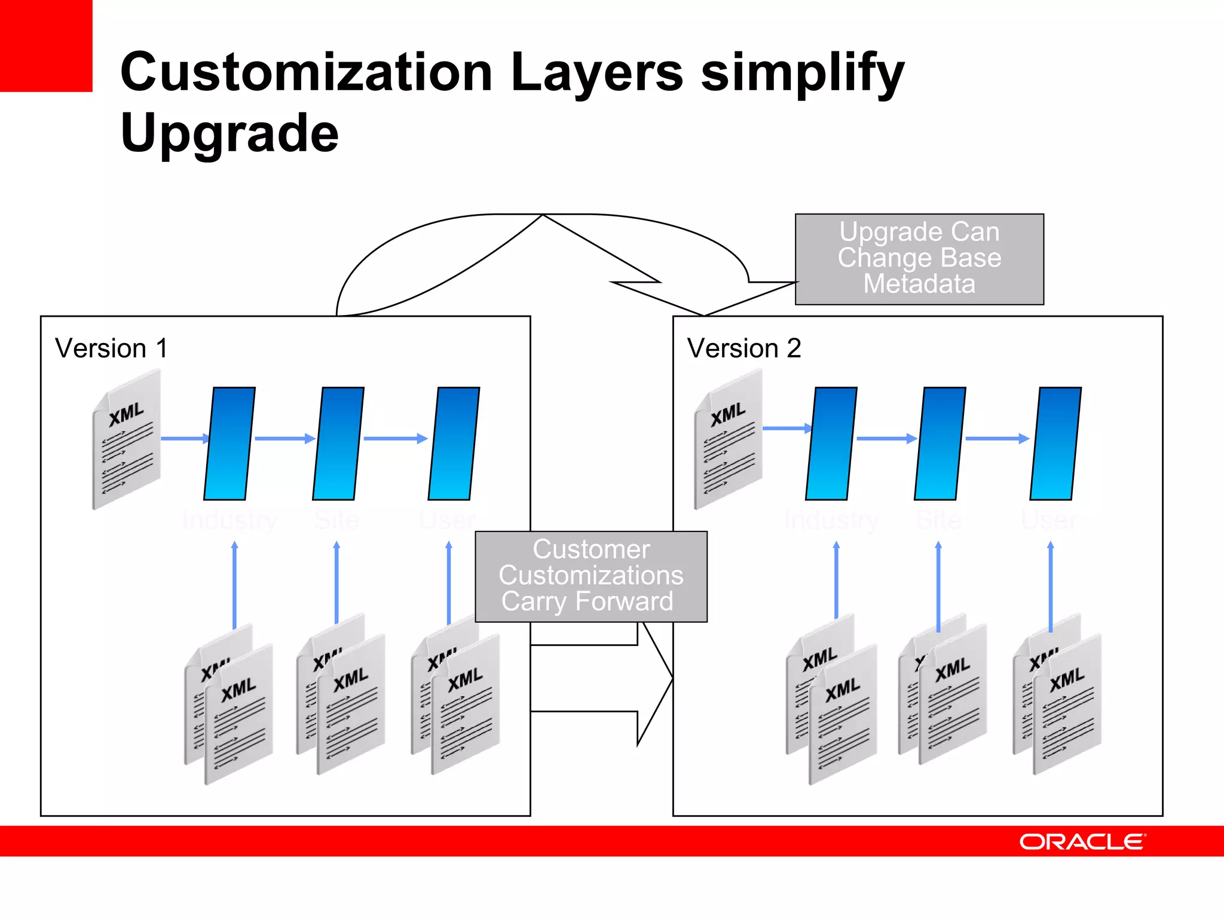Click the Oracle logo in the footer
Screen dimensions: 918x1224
coord(1082,841)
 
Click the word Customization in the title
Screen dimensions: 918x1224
coord(306,73)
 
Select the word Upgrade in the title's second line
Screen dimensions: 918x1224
coord(229,133)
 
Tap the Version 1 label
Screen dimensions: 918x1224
coord(111,348)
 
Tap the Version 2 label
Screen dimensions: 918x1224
coord(744,348)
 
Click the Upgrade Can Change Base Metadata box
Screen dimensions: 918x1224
coord(919,259)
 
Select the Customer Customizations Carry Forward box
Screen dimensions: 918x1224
coord(591,576)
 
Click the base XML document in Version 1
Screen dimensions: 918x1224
coord(126,439)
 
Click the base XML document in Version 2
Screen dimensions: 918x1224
coord(728,439)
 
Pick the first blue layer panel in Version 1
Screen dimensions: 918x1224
coord(229,443)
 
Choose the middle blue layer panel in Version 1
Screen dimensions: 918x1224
coord(338,443)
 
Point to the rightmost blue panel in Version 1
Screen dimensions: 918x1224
coord(454,443)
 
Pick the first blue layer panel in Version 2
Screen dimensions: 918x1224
coord(831,443)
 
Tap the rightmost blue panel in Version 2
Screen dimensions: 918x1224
coord(1056,443)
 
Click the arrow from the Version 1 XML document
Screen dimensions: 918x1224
coord(185,439)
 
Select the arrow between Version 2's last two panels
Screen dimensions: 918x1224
coord(996,439)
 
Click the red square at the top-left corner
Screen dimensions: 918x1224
coord(46,45)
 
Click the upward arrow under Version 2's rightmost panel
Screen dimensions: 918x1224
coord(1051,586)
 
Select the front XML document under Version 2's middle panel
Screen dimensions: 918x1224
coord(953,696)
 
